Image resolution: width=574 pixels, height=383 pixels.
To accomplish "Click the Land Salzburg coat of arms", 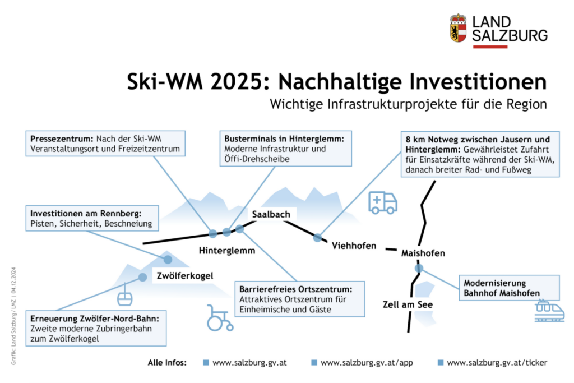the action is tap(459, 28).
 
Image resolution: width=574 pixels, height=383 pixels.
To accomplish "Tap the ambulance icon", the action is tap(382, 202).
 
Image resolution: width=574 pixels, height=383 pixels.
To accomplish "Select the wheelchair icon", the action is tap(220, 318).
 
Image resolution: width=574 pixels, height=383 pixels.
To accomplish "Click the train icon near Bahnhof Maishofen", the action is tap(549, 311).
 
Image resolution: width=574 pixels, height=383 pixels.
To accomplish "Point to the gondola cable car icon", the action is tap(124, 295).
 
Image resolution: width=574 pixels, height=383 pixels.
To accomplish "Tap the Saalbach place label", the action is tap(271, 214).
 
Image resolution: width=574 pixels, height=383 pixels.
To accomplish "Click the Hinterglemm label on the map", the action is tap(227, 251).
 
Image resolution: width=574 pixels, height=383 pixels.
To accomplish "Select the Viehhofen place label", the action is tap(354, 246).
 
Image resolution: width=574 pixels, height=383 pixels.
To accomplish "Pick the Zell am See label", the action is tap(408, 304).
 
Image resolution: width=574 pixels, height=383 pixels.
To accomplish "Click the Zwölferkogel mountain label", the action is tap(185, 276).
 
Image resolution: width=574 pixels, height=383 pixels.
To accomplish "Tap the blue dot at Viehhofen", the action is tap(317, 238).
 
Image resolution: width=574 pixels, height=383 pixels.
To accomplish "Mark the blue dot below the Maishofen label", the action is tap(419, 269).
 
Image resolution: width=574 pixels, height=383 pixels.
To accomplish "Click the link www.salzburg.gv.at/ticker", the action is tap(497, 363).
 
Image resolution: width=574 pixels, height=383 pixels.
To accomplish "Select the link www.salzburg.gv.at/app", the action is tap(367, 363).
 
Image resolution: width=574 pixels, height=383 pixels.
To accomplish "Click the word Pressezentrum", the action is tap(62, 139).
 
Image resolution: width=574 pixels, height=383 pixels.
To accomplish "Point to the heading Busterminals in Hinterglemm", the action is tap(284, 139).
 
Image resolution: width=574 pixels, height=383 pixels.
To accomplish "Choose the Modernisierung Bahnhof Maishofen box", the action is tap(509, 288).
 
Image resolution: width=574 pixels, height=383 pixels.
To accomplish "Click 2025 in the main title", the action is tap(237, 82).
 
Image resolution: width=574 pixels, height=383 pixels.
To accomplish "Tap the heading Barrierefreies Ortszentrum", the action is tap(296, 289).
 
